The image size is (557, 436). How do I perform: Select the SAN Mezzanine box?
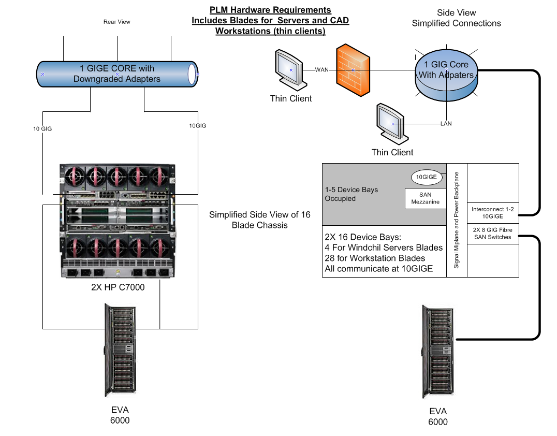[425, 198]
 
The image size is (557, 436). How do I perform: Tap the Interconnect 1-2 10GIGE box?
[492, 213]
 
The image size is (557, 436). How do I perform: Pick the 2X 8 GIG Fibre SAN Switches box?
[492, 234]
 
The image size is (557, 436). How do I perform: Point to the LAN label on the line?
[446, 124]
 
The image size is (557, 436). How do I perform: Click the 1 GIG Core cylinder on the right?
[446, 76]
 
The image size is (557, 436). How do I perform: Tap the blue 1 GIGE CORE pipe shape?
[118, 74]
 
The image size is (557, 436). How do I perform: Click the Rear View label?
[117, 22]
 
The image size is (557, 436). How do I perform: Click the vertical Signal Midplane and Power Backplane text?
[457, 220]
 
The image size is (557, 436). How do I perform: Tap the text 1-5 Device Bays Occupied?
[351, 194]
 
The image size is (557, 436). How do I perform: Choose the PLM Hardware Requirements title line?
[270, 10]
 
